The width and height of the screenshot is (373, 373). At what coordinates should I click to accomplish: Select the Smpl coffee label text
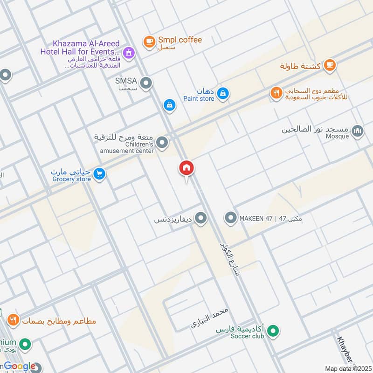point(180,40)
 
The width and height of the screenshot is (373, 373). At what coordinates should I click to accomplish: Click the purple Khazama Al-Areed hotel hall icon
point(130,53)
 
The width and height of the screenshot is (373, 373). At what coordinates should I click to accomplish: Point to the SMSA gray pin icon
point(146,83)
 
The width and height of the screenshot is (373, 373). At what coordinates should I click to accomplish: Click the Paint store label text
point(199,98)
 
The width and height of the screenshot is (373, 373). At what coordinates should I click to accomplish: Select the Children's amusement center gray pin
point(162,143)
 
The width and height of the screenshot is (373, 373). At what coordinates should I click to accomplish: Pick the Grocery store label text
point(71,179)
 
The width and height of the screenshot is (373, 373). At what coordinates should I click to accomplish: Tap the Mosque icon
point(358,131)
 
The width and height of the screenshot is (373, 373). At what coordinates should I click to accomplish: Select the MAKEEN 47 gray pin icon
point(230,218)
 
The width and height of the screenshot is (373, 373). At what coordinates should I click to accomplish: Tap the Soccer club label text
point(246,336)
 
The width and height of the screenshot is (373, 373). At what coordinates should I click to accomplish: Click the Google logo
point(19,366)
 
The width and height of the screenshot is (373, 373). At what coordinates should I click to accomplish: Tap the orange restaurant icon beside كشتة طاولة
point(330,65)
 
